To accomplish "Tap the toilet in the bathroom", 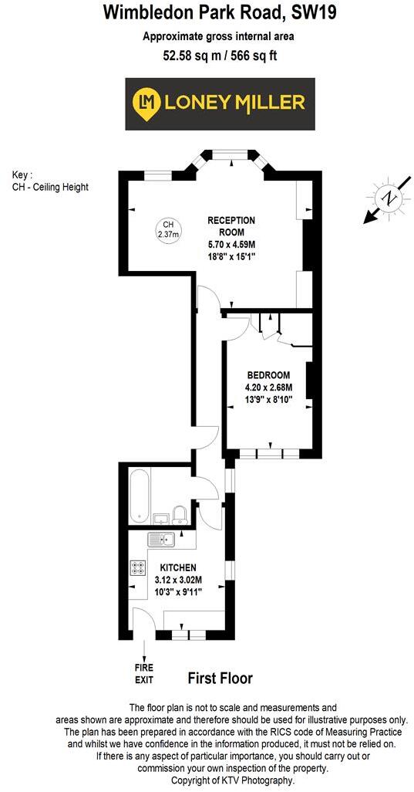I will pos(179,515).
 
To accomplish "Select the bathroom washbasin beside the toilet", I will pos(162,518).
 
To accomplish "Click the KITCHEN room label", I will pos(178,567).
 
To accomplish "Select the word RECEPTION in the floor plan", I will pos(231,221).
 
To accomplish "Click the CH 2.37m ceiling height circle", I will pos(167,229).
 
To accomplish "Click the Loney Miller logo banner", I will pos(220,103).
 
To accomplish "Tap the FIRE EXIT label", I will pos(145,675).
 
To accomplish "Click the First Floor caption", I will pos(220,679).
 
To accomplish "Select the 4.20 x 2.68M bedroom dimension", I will pos(269,388).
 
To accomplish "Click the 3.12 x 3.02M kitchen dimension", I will pos(178,580).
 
